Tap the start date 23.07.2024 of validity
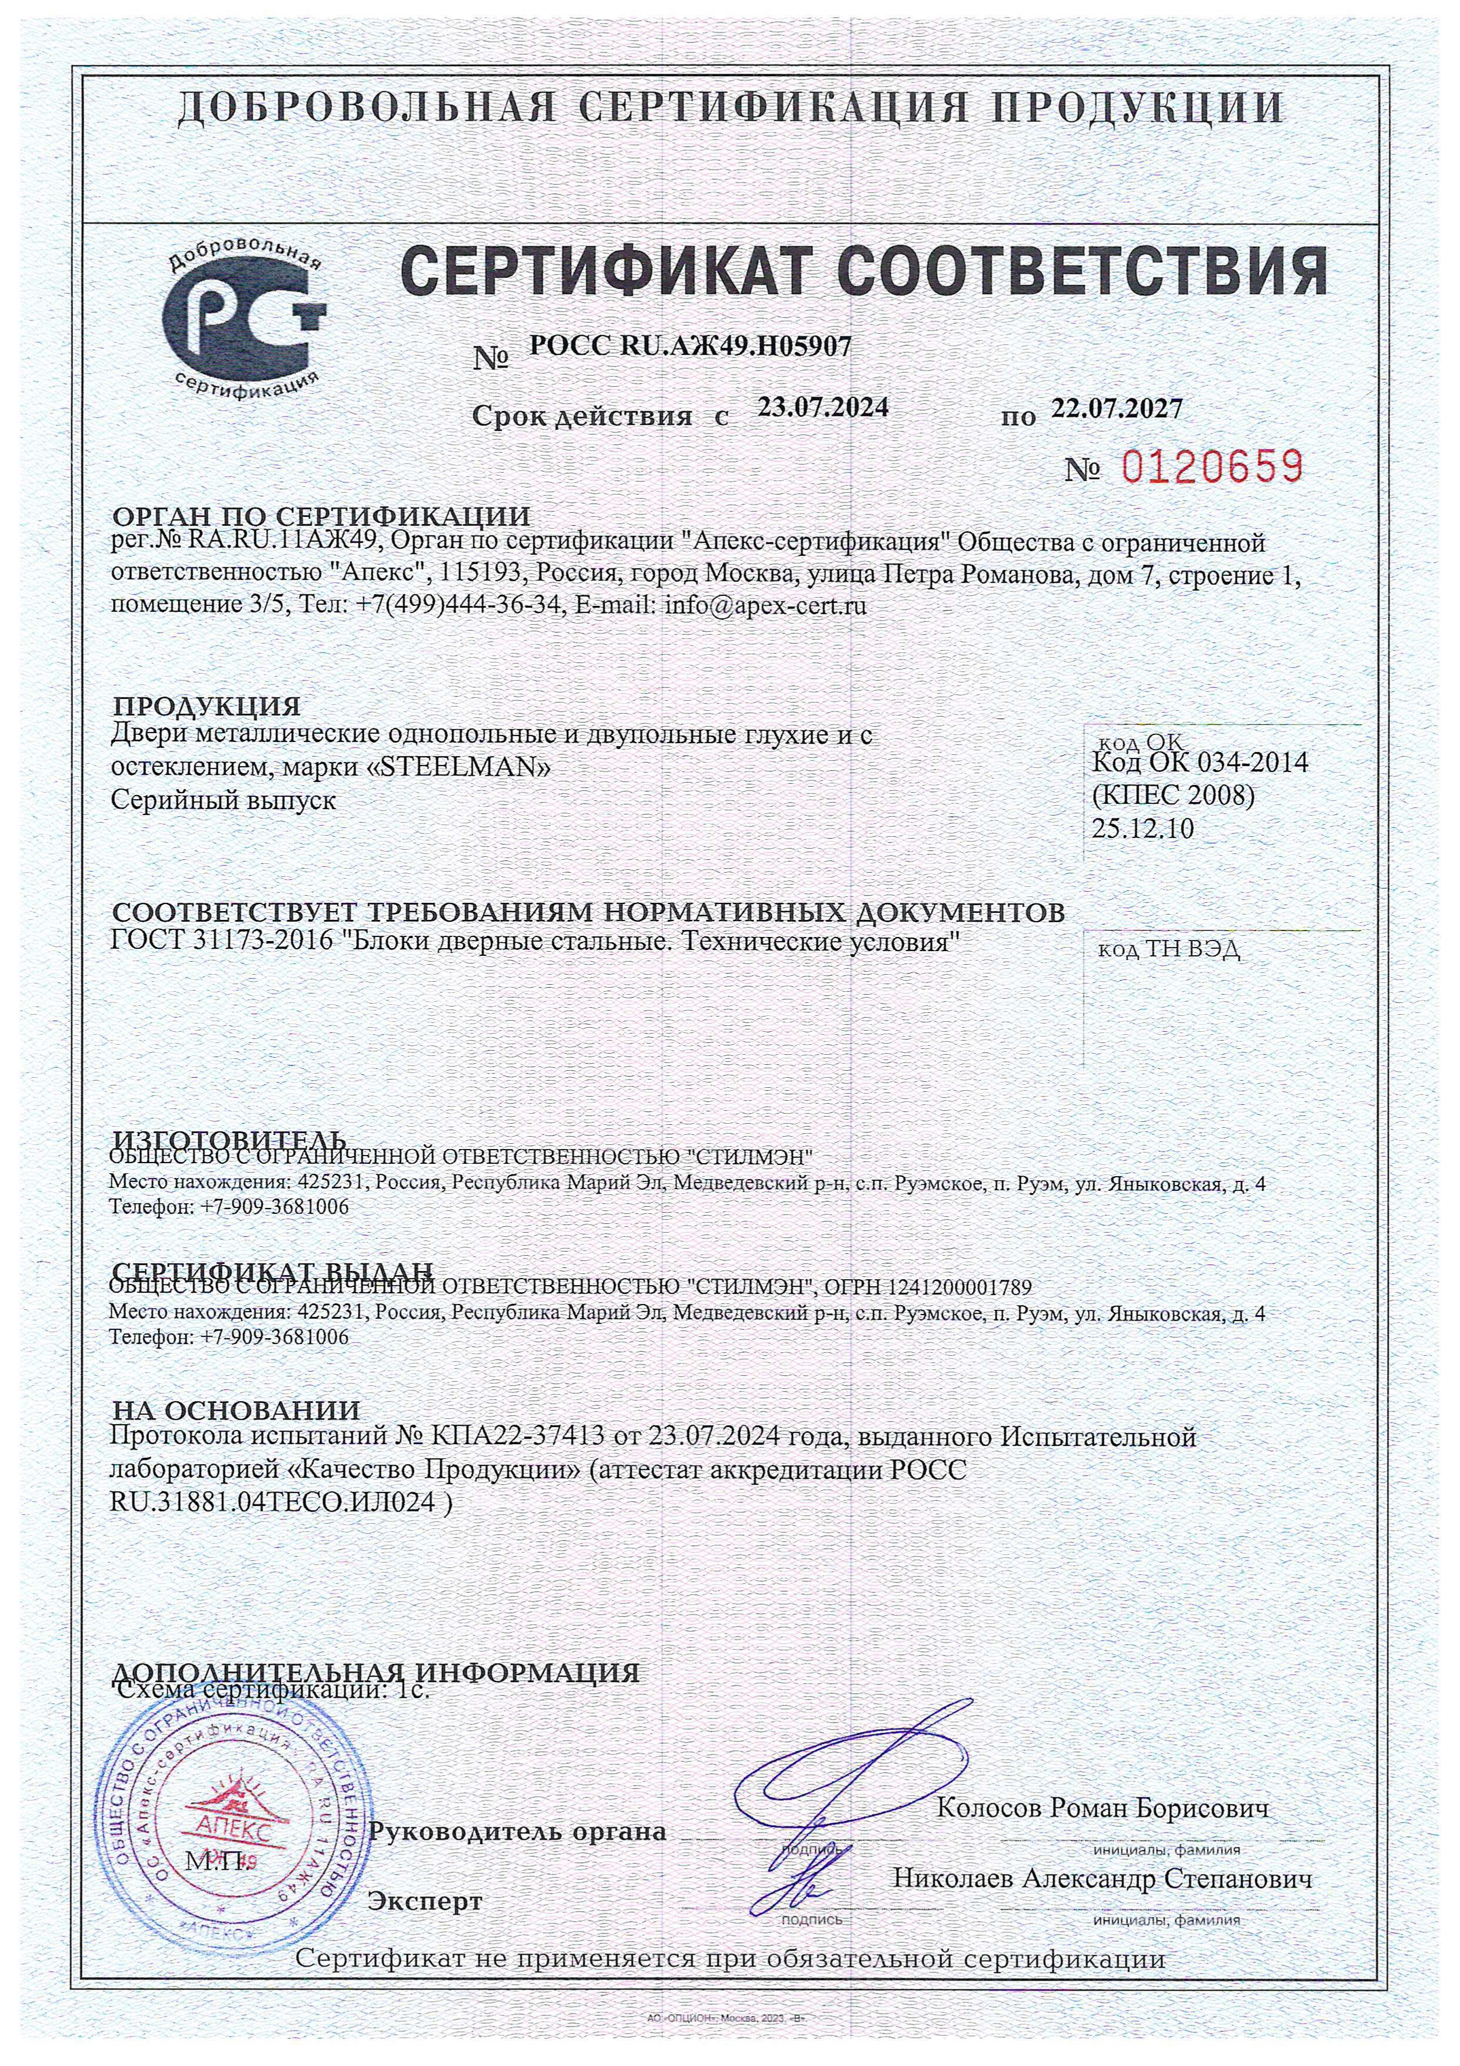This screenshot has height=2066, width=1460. pyautogui.click(x=823, y=408)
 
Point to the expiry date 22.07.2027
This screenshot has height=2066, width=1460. pyautogui.click(x=1116, y=409)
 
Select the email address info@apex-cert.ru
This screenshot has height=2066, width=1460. pyautogui.click(x=765, y=605)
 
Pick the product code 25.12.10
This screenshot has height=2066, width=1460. pyautogui.click(x=1143, y=829)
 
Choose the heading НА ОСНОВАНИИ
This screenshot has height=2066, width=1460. pyautogui.click(x=235, y=1409)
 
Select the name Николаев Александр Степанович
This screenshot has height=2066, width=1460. pyautogui.click(x=1102, y=1879)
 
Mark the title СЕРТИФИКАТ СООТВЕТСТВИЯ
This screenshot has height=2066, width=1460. pyautogui.click(x=864, y=269)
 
